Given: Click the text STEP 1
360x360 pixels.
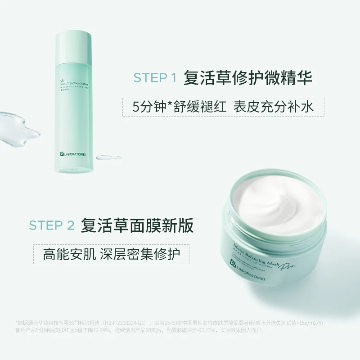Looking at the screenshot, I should (x=154, y=78).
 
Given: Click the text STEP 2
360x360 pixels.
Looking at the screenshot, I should (x=52, y=225).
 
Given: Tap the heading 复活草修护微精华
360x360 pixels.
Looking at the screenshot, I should (x=247, y=77).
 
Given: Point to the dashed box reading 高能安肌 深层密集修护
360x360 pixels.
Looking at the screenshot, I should (x=111, y=254).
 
